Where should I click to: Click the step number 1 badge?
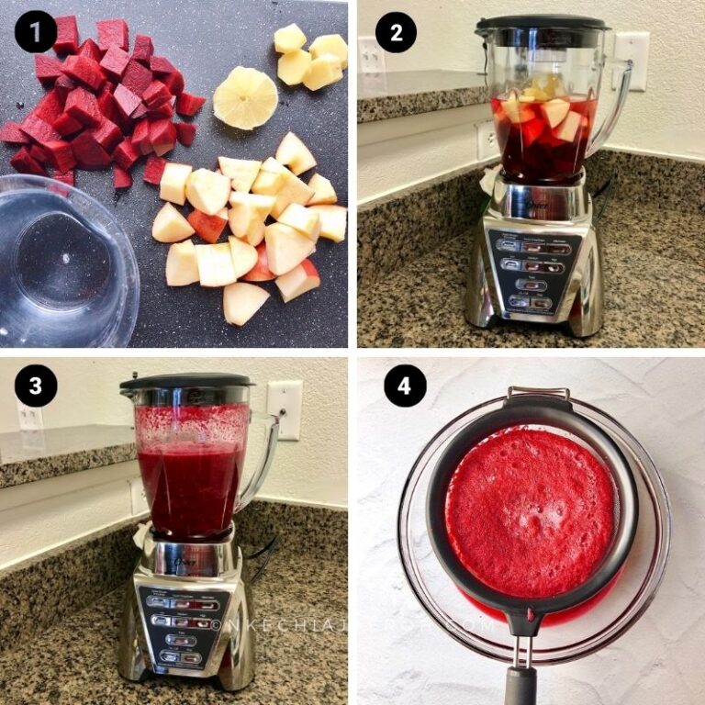pyautogui.click(x=36, y=34)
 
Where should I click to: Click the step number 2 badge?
pyautogui.click(x=396, y=34)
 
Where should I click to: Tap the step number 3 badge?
pyautogui.click(x=36, y=386)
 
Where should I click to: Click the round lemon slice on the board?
pyautogui.click(x=245, y=98)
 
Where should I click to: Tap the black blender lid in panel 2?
pyautogui.click(x=542, y=24)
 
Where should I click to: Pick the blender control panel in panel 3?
pyautogui.click(x=182, y=625)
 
